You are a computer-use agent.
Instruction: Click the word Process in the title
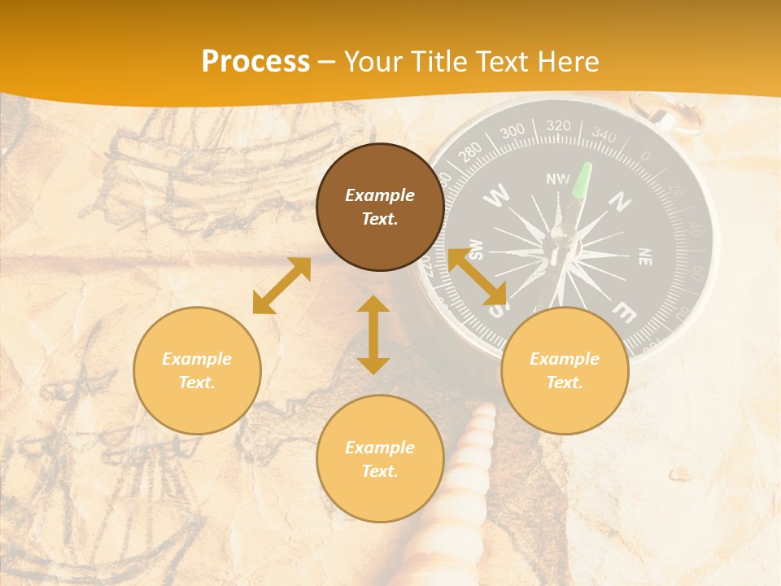(x=255, y=62)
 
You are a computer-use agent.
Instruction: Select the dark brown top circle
(x=380, y=207)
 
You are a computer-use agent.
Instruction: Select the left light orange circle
(x=197, y=370)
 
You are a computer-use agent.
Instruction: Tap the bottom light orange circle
(x=380, y=459)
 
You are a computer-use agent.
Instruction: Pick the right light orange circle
(x=565, y=370)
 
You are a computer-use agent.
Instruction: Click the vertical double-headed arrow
(x=373, y=335)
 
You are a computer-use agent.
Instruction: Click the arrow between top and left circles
(x=281, y=286)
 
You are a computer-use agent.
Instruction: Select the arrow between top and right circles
(x=478, y=278)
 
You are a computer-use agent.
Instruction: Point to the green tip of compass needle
(x=583, y=181)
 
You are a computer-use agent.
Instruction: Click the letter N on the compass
(x=621, y=200)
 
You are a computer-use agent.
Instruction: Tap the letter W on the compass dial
(x=497, y=195)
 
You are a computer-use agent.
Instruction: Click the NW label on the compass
(x=558, y=179)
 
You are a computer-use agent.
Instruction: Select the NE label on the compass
(x=644, y=256)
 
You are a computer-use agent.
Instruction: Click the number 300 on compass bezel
(x=513, y=132)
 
